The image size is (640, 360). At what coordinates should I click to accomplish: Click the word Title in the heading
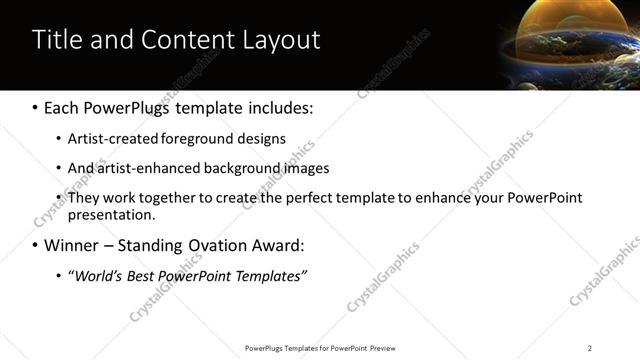[x=59, y=40]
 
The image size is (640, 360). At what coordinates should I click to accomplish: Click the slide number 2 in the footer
[x=590, y=348]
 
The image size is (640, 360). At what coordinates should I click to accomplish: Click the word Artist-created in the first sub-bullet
[x=107, y=139]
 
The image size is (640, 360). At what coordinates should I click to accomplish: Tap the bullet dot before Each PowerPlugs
[x=36, y=107]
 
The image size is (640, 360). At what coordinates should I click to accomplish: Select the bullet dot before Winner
[x=36, y=245]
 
